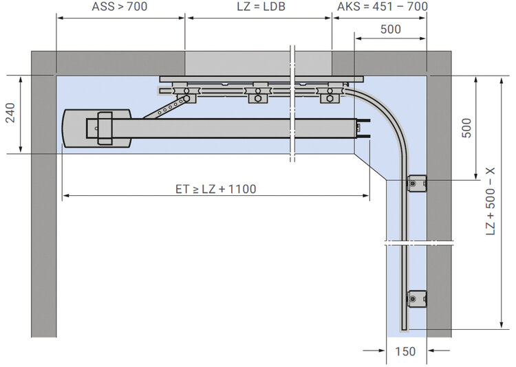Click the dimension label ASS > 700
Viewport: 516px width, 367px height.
click(x=120, y=6)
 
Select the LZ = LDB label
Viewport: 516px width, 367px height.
click(x=261, y=6)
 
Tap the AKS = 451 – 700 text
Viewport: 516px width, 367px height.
click(x=383, y=6)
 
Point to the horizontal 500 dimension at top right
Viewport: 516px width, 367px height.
click(x=391, y=30)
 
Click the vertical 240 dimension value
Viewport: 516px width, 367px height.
click(x=10, y=113)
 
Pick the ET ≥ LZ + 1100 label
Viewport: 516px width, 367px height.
click(x=215, y=189)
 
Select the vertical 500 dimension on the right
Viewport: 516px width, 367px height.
click(x=466, y=128)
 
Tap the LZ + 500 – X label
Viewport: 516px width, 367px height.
click(x=491, y=201)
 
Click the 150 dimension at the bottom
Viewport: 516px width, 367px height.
click(x=405, y=352)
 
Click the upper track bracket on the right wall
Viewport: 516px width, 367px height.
click(x=417, y=183)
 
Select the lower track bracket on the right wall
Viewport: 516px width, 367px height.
click(x=417, y=298)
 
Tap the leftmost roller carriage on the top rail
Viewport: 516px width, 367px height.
click(x=186, y=93)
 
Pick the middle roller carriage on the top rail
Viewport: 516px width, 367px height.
click(x=258, y=93)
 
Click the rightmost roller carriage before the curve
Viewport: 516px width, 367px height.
click(x=330, y=93)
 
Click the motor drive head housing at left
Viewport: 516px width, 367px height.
click(x=97, y=129)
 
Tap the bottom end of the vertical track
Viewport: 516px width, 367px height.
click(x=404, y=329)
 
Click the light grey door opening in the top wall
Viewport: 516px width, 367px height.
click(x=258, y=63)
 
